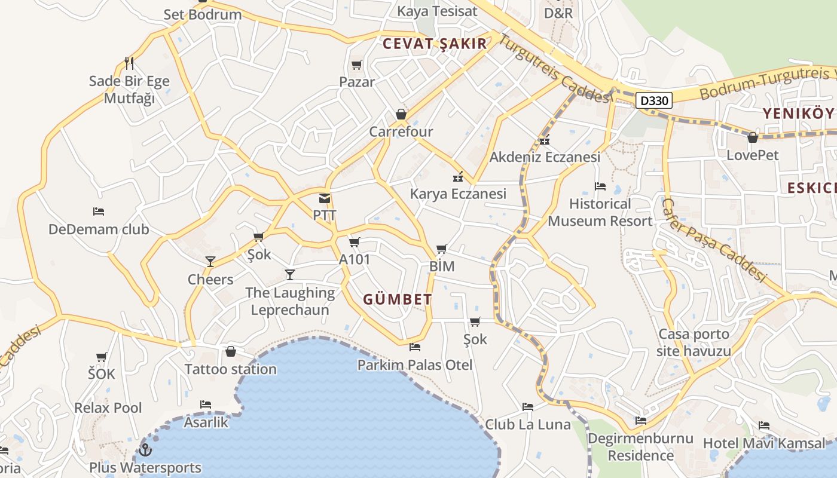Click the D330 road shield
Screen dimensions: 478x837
click(653, 101)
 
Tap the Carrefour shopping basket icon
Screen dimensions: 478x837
click(401, 114)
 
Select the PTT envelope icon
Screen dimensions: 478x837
click(324, 198)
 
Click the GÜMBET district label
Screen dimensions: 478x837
click(398, 299)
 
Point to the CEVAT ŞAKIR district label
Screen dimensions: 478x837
click(435, 44)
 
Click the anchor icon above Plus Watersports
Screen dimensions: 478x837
click(145, 450)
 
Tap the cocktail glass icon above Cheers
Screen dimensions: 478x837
click(210, 261)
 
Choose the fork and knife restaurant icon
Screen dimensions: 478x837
click(129, 63)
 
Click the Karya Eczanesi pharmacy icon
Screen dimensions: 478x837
click(458, 176)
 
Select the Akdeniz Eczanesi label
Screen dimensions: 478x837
click(545, 157)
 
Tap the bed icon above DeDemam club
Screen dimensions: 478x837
click(99, 212)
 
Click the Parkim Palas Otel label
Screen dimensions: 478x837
click(415, 364)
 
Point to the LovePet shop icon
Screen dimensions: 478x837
click(753, 137)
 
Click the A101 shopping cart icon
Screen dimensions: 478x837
click(354, 242)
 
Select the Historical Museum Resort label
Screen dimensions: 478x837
click(600, 212)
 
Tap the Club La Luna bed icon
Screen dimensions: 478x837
click(527, 407)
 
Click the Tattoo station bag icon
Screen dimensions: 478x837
click(231, 351)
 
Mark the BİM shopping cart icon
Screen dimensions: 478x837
click(441, 249)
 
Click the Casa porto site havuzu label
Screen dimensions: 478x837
click(694, 342)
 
